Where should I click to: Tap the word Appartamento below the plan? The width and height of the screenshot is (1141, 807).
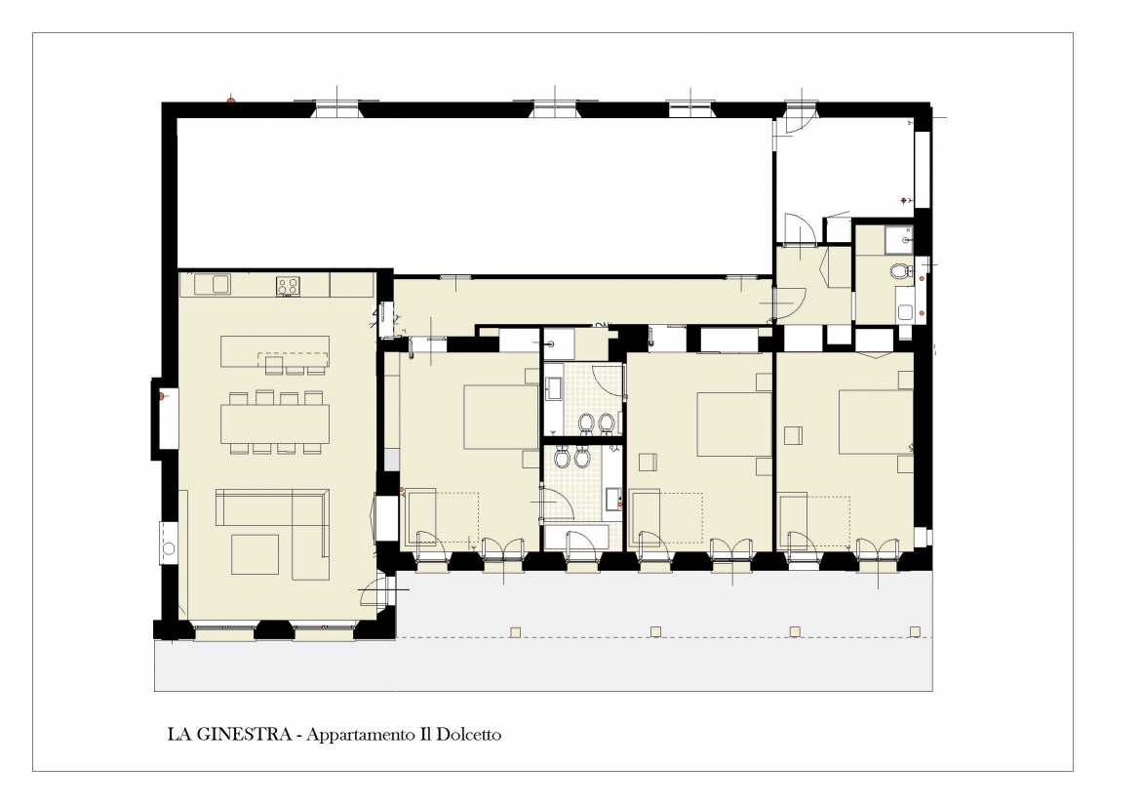point(360,735)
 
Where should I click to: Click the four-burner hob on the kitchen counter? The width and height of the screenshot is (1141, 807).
point(288,286)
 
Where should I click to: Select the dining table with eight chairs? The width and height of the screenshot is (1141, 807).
point(275,424)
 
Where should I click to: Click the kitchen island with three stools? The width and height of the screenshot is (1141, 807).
point(275,354)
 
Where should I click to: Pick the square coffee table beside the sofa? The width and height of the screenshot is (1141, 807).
point(256,554)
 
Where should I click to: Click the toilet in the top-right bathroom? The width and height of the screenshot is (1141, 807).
point(901,271)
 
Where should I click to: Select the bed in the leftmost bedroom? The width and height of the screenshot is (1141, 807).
point(500,418)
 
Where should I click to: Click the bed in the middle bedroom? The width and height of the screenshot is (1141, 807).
point(734,424)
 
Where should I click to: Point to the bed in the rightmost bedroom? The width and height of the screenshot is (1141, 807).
point(876,422)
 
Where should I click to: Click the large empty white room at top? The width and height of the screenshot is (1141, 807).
point(475,193)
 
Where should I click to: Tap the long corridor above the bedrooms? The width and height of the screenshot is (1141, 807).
point(582,301)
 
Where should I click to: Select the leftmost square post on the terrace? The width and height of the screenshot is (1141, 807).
point(516,631)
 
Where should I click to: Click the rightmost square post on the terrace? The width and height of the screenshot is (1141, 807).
point(915,631)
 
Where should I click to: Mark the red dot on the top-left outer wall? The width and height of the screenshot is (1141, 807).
point(231,101)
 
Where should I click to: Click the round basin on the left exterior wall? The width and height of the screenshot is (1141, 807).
point(169,548)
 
